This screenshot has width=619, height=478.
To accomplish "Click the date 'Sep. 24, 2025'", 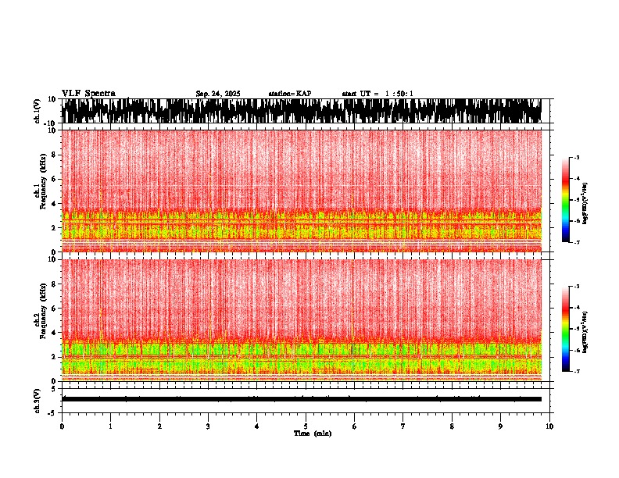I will (x=218, y=94).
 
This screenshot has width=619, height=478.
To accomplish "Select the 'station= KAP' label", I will (x=290, y=94).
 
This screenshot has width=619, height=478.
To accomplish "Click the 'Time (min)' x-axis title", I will (x=312, y=433).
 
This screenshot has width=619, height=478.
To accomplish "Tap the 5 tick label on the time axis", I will (x=306, y=426).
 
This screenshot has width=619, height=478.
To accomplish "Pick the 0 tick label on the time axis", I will (x=62, y=426).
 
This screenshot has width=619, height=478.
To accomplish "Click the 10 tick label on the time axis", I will (x=549, y=426).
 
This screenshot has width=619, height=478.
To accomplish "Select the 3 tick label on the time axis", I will (x=208, y=426).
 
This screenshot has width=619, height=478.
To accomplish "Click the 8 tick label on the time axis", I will (x=452, y=426).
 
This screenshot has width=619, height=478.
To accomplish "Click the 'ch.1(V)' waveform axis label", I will (x=37, y=111).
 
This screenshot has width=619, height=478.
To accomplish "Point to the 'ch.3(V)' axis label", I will (x=37, y=399).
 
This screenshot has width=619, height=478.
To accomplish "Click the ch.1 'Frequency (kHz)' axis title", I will (x=42, y=191).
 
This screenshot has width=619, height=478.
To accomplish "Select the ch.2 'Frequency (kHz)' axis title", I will (x=42, y=319).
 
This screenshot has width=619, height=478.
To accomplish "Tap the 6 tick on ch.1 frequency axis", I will (x=55, y=179).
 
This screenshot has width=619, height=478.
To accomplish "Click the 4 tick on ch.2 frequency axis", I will (x=55, y=333).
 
